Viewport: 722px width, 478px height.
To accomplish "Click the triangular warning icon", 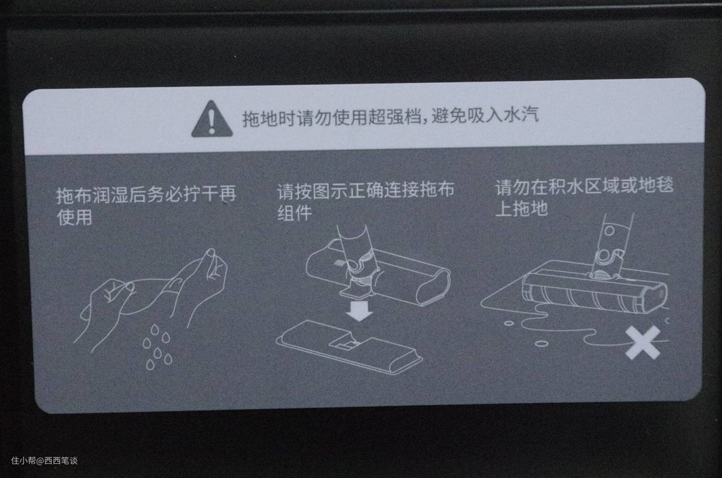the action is click(212, 119).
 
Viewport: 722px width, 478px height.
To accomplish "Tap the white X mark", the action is click(643, 342).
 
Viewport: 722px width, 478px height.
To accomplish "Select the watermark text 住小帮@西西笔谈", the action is click(44, 460).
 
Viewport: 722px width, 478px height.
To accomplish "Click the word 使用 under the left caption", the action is click(75, 217).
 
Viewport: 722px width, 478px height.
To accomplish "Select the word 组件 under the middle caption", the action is click(295, 213).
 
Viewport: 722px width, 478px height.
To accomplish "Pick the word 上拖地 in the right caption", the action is click(521, 208).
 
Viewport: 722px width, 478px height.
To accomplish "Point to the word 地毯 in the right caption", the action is click(656, 185).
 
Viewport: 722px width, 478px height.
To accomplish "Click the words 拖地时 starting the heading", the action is click(269, 118).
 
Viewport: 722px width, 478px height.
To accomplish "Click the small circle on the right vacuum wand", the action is click(609, 230).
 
